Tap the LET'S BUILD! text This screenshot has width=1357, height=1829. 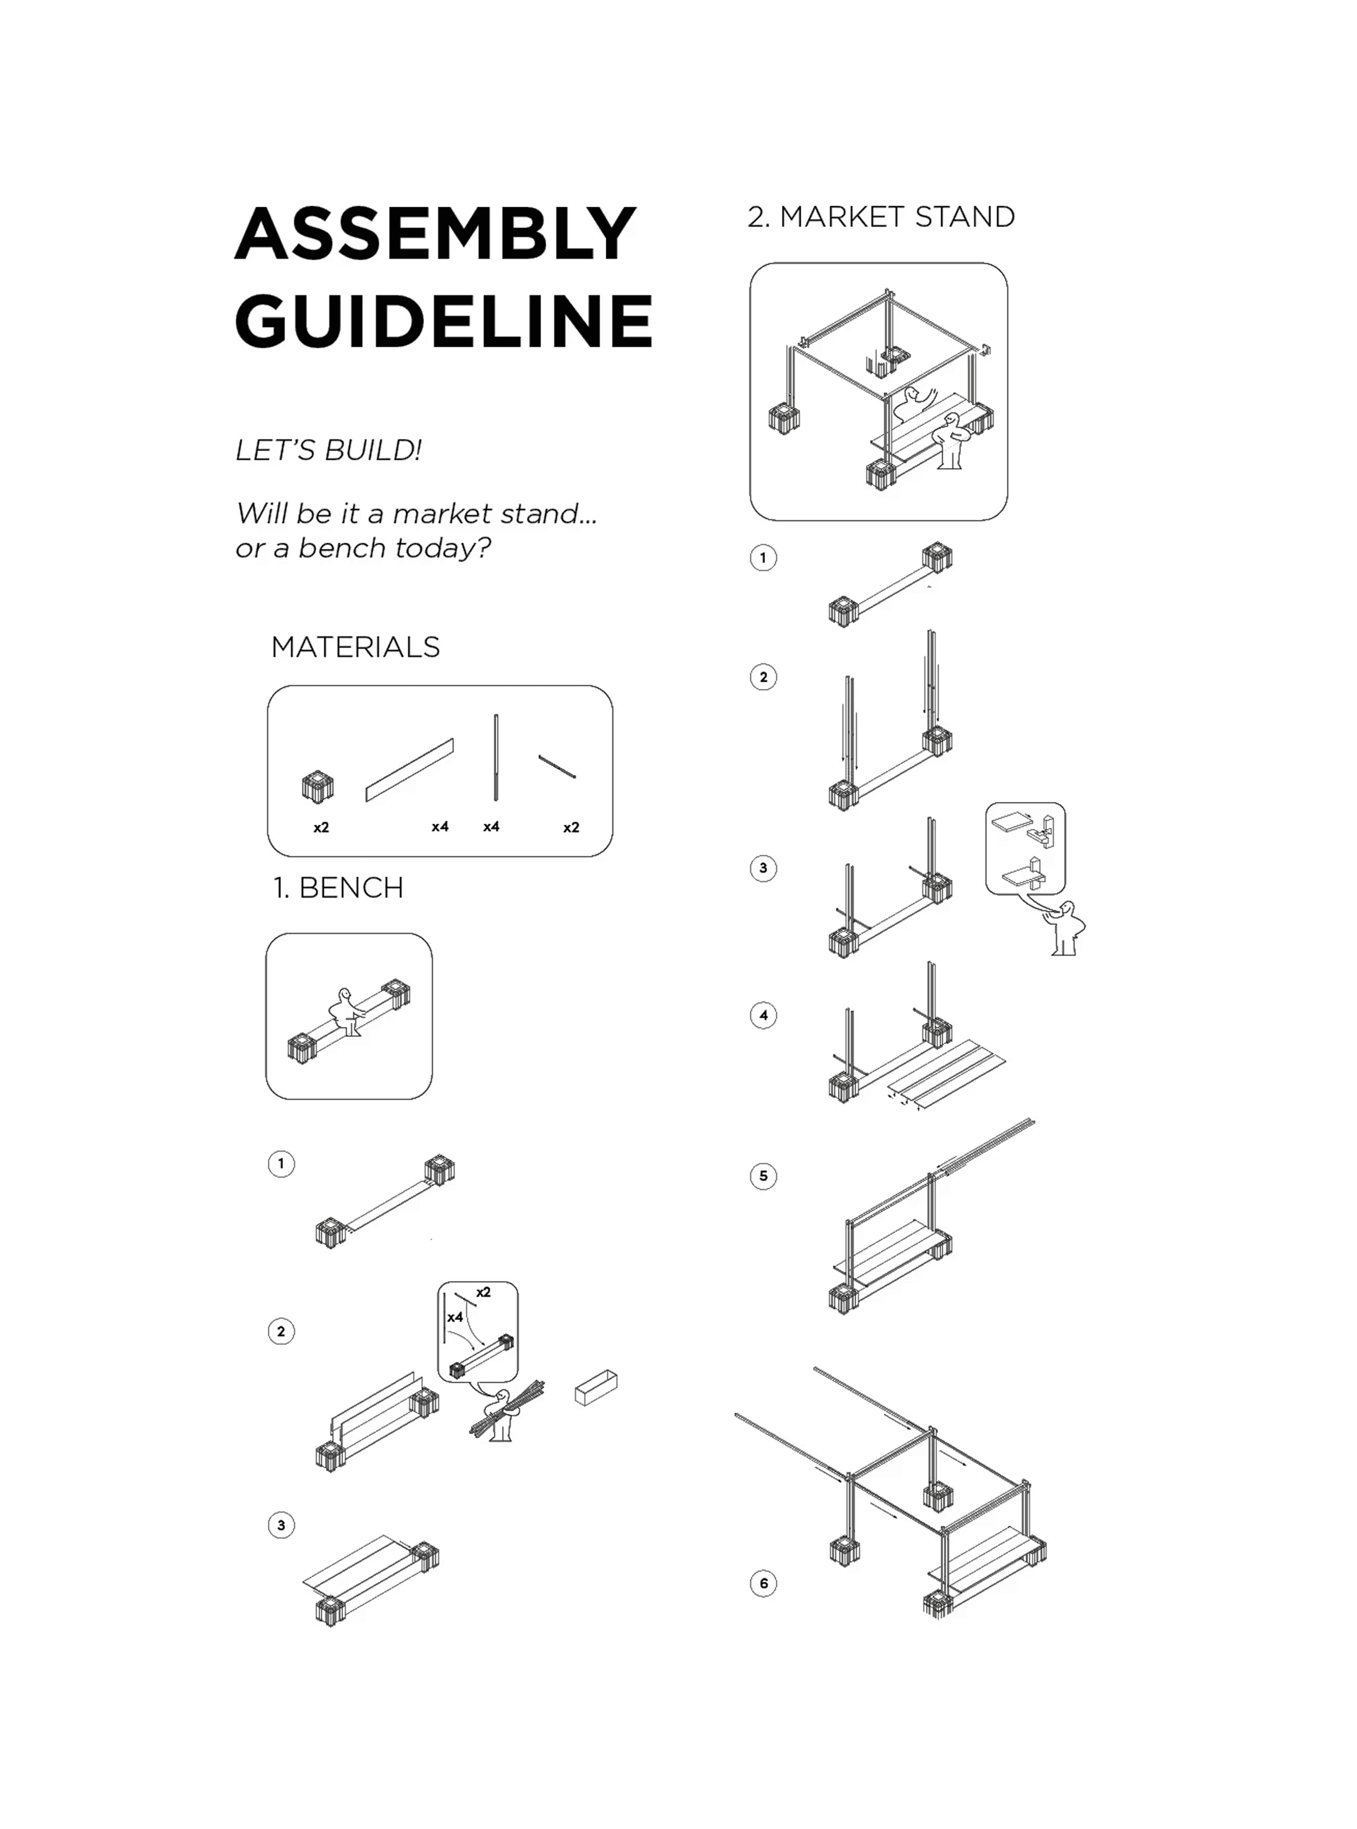click(x=328, y=450)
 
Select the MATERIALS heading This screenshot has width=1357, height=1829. click(x=355, y=647)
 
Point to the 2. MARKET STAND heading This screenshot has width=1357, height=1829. click(x=881, y=217)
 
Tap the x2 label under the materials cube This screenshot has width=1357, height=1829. click(x=321, y=827)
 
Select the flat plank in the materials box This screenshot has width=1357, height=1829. click(x=409, y=770)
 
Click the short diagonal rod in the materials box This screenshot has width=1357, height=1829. click(x=557, y=767)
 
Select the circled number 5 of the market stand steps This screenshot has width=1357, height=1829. click(x=763, y=1176)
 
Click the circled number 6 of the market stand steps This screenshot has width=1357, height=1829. click(x=763, y=1583)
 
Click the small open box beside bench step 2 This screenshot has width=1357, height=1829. click(x=596, y=1388)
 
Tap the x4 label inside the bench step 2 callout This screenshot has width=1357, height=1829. click(x=454, y=1317)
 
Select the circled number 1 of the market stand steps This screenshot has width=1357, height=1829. click(x=763, y=558)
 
